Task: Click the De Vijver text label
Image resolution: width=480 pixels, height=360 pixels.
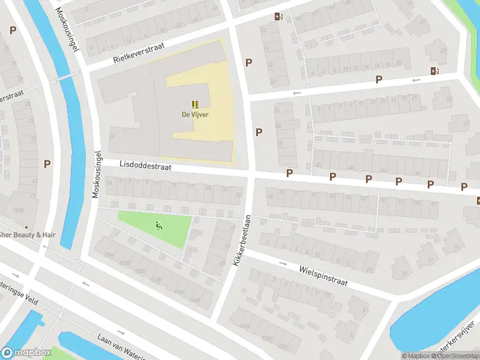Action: [x=195, y=115]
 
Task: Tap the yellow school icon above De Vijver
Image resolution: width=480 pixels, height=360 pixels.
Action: [x=195, y=104]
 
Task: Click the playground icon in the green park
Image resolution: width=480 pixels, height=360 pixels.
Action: [x=158, y=226]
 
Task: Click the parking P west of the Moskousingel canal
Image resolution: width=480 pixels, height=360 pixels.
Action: [x=47, y=163]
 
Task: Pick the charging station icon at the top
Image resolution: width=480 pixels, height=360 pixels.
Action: [x=277, y=17]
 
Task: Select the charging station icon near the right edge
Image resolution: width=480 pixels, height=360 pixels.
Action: [x=434, y=71]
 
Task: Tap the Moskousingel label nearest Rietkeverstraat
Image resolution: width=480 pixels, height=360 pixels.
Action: [x=68, y=30]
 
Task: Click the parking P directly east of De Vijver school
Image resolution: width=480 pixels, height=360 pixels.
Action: [x=259, y=132]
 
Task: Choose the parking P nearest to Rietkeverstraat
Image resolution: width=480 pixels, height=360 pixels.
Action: [x=248, y=62]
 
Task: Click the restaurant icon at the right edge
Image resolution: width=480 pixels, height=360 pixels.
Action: [x=478, y=200]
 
